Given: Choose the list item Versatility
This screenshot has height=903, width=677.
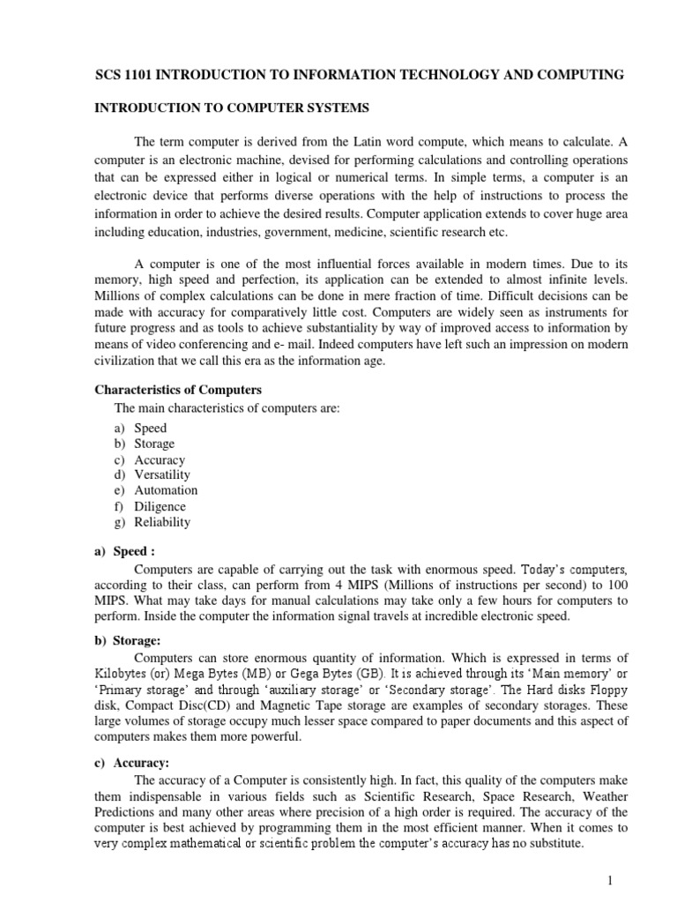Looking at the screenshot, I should (162, 474).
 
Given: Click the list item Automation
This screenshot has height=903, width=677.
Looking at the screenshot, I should (166, 490).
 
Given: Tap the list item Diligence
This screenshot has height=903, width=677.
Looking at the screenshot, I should (160, 506).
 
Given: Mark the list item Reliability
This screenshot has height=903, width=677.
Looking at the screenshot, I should (162, 522).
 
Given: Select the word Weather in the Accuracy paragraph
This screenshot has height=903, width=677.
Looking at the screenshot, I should (604, 795).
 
